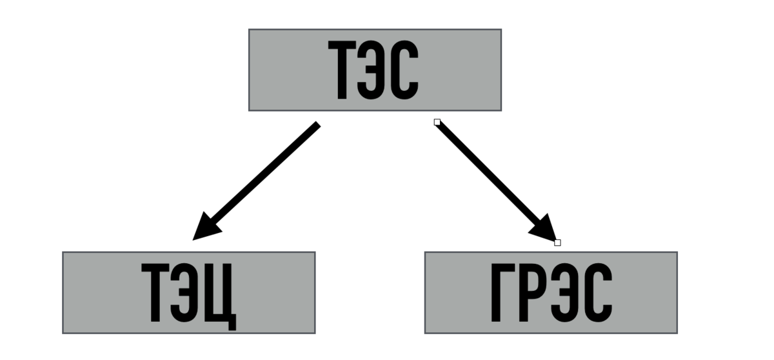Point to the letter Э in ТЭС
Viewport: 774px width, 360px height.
point(375,71)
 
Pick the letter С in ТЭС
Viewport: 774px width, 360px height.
point(404,71)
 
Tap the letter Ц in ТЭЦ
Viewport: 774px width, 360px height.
point(220,295)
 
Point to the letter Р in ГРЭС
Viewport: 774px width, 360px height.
point(532,294)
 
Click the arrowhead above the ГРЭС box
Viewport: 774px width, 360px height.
point(545,230)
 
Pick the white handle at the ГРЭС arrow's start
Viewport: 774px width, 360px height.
point(437,122)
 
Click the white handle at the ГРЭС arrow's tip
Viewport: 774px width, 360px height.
point(557,243)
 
